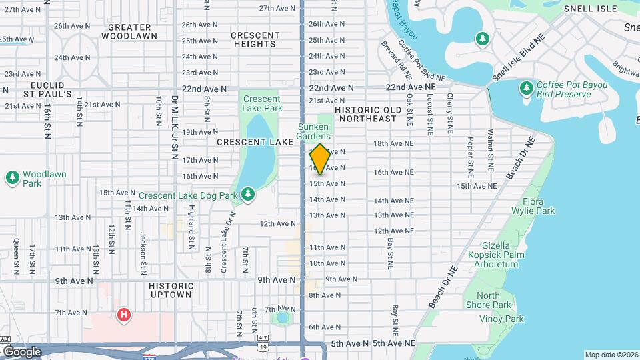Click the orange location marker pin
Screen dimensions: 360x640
320,159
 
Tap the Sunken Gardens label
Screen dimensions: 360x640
314,131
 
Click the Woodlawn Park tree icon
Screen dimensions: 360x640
12,178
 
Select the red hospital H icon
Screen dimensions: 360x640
123,315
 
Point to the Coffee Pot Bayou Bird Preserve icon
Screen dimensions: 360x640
527,89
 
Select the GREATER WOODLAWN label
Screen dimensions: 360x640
132,31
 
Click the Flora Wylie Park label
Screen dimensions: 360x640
539,206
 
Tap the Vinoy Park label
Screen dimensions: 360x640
501,319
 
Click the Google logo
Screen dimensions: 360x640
23,351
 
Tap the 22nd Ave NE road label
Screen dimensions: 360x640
410,87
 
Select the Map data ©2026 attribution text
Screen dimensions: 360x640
611,355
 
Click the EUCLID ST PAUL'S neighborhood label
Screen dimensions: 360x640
47,90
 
